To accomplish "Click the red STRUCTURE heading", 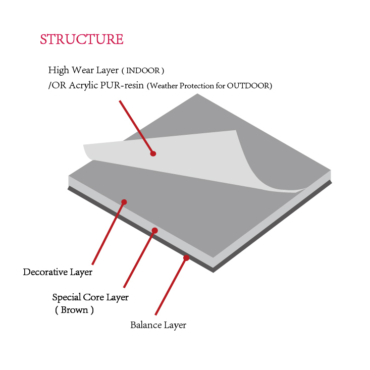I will (x=81, y=39).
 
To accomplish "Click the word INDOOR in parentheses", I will (x=143, y=70).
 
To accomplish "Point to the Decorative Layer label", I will (x=58, y=272).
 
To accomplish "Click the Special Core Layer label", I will (x=90, y=297).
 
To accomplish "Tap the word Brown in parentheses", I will (x=74, y=310).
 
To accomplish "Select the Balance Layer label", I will (x=158, y=325).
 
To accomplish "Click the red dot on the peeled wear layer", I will (x=153, y=153).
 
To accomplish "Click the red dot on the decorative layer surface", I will (x=124, y=202).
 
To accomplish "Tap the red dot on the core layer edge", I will (x=155, y=231).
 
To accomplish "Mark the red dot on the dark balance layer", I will (x=186, y=258).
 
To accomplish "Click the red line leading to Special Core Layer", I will (x=139, y=259).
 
